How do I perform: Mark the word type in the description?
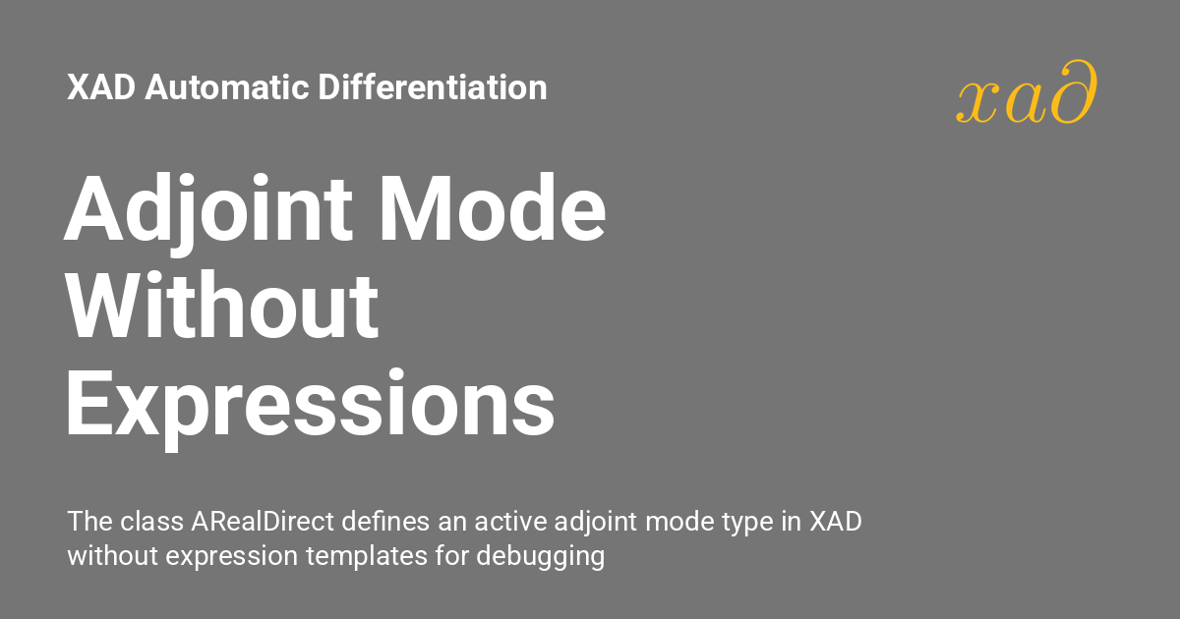point(753,523)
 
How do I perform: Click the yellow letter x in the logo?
point(974,101)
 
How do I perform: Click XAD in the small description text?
point(835,522)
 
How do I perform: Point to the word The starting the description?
point(86,522)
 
